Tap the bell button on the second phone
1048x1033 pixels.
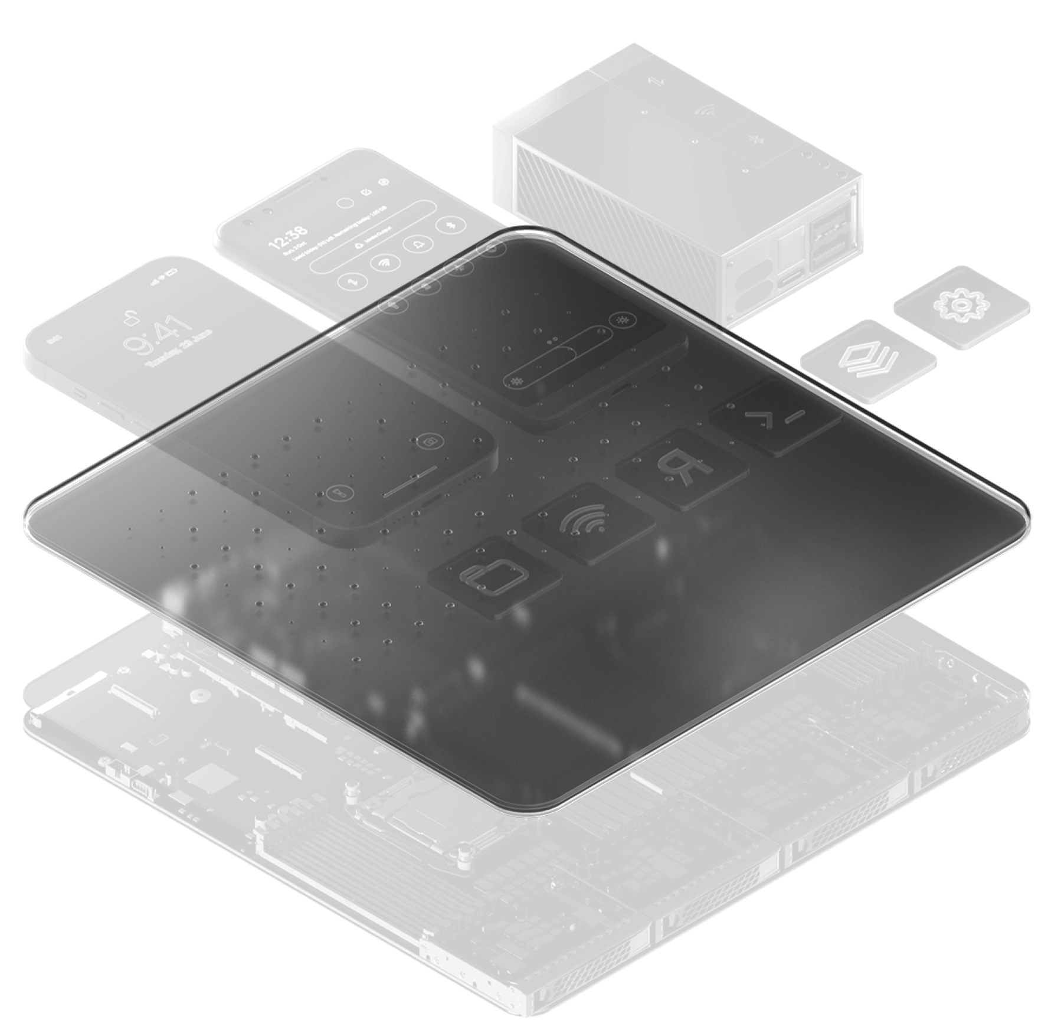coord(418,244)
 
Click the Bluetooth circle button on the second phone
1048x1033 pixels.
coord(453,225)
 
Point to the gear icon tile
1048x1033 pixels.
coord(962,305)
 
